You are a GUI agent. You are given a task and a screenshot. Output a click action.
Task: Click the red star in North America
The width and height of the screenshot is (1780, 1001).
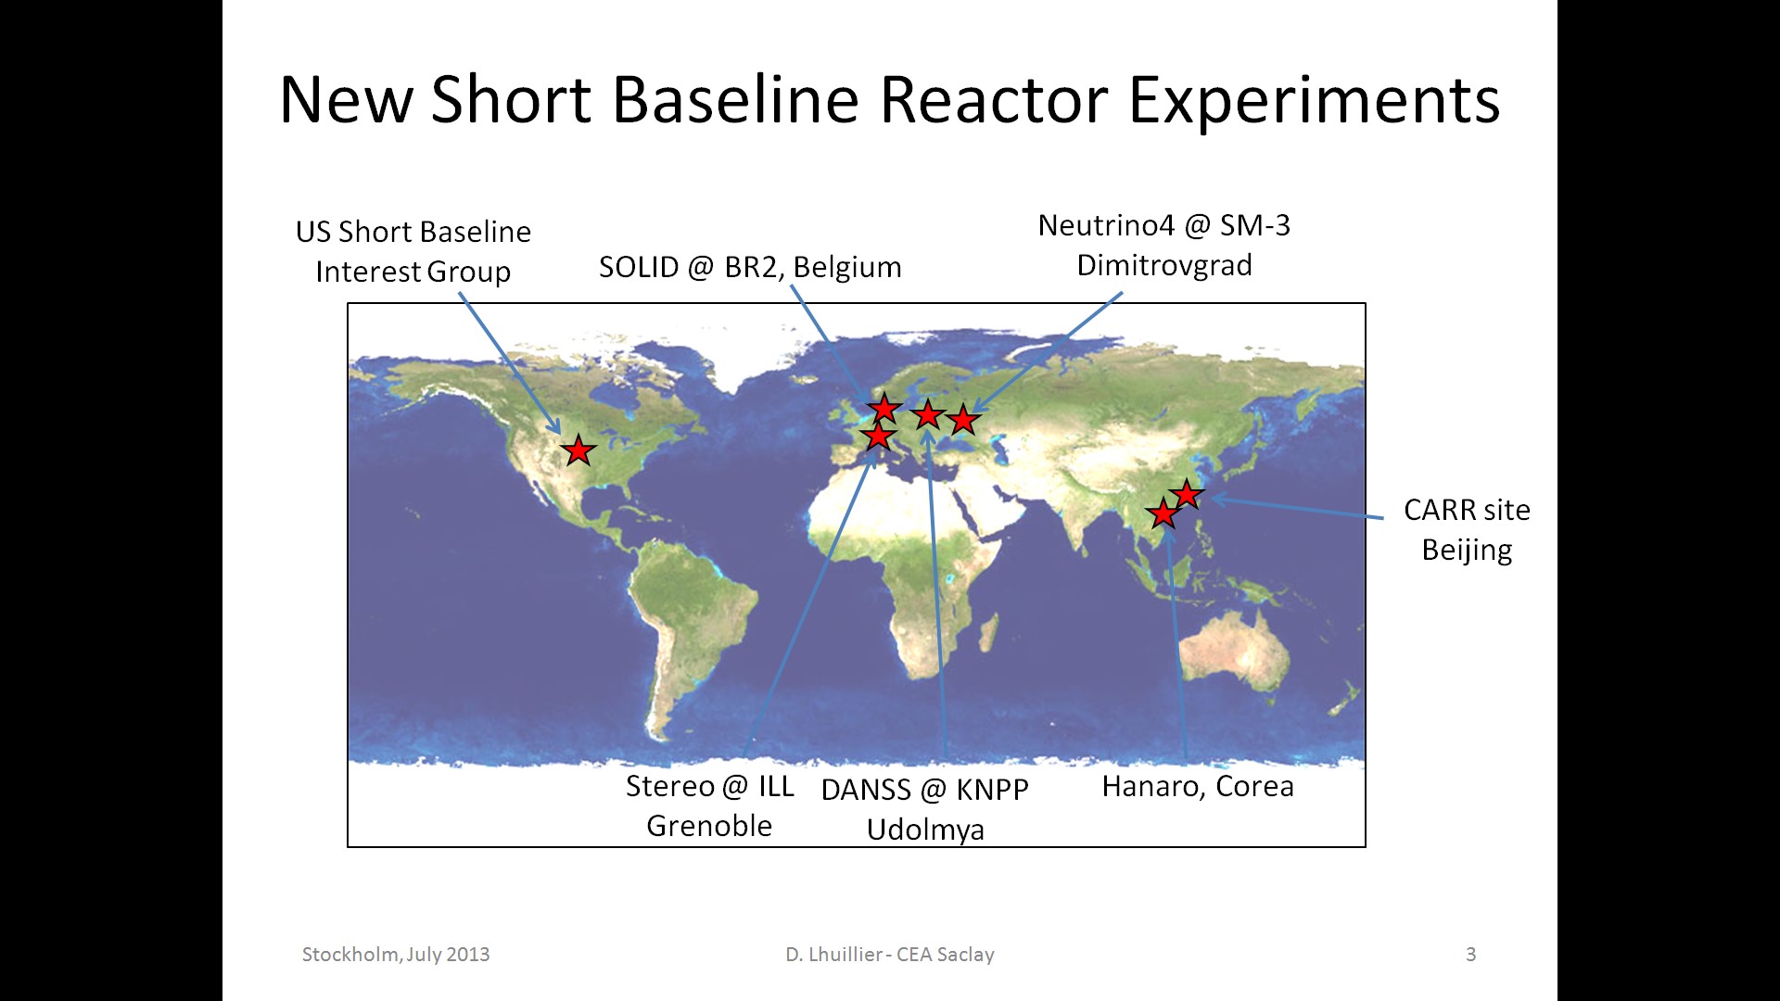[578, 450]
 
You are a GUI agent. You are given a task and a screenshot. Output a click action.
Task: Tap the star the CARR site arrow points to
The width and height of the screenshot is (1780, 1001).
[1187, 493]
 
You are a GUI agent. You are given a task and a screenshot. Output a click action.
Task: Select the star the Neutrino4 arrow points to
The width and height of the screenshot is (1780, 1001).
[963, 419]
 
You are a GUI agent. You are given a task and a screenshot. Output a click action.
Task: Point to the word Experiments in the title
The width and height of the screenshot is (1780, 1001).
[1315, 101]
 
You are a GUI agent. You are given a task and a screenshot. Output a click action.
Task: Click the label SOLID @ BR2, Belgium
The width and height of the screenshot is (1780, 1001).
[750, 267]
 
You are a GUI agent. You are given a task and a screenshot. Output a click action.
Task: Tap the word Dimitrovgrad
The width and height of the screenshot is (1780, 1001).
[1164, 266]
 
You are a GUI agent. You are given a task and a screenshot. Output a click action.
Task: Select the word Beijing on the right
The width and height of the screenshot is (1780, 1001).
[1467, 551]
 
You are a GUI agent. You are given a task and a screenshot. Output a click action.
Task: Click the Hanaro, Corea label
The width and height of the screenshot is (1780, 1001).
[1198, 786]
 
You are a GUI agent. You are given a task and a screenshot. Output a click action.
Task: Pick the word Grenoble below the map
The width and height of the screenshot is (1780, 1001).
[709, 826]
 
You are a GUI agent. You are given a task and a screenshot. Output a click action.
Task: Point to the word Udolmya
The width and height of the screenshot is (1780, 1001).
[925, 830]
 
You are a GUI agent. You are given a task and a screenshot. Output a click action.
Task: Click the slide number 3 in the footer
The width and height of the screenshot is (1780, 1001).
[1470, 954]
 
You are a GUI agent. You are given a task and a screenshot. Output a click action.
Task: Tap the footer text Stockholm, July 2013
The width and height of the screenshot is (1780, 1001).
[396, 955]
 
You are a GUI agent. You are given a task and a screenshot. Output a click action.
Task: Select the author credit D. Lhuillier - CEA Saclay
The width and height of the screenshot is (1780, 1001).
[890, 955]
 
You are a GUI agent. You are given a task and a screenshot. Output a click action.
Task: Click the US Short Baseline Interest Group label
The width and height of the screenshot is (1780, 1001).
[413, 251]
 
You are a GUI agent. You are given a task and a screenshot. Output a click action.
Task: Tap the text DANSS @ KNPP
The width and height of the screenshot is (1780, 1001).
[925, 790]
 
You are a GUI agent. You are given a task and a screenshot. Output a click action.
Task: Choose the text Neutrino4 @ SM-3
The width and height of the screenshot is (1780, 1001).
[1164, 225]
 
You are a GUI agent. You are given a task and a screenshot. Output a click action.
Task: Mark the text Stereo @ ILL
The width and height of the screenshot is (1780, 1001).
[710, 786]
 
